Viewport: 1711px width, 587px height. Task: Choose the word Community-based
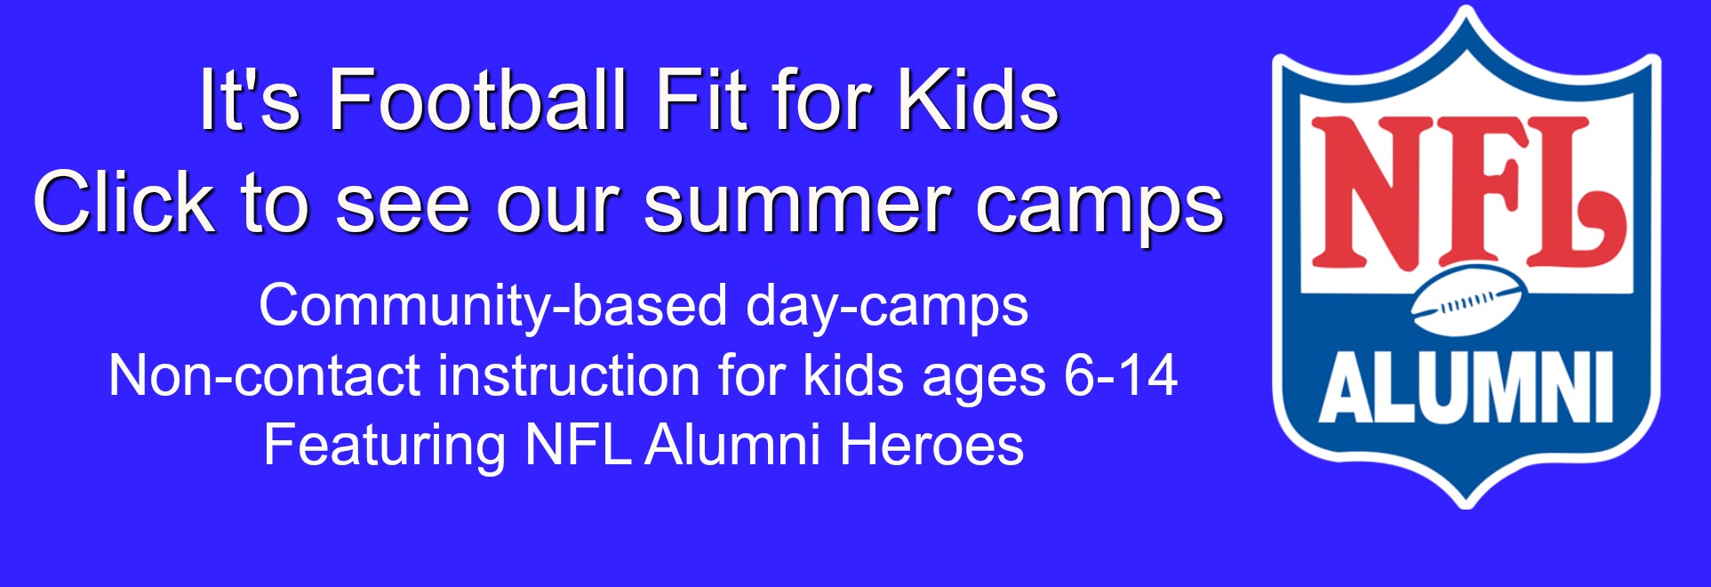[x=493, y=307]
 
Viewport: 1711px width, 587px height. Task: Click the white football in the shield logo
[x=1467, y=302]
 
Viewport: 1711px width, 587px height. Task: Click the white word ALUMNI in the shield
[x=1467, y=388]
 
